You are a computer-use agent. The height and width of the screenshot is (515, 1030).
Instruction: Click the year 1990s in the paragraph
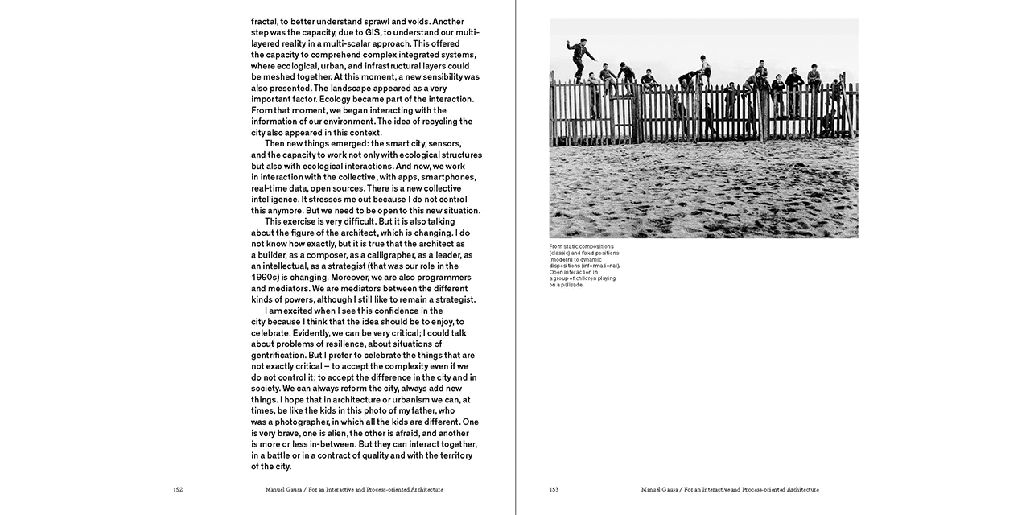point(266,277)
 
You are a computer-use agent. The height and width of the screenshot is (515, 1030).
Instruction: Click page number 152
point(177,489)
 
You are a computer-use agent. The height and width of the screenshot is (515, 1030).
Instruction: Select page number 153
point(554,489)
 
